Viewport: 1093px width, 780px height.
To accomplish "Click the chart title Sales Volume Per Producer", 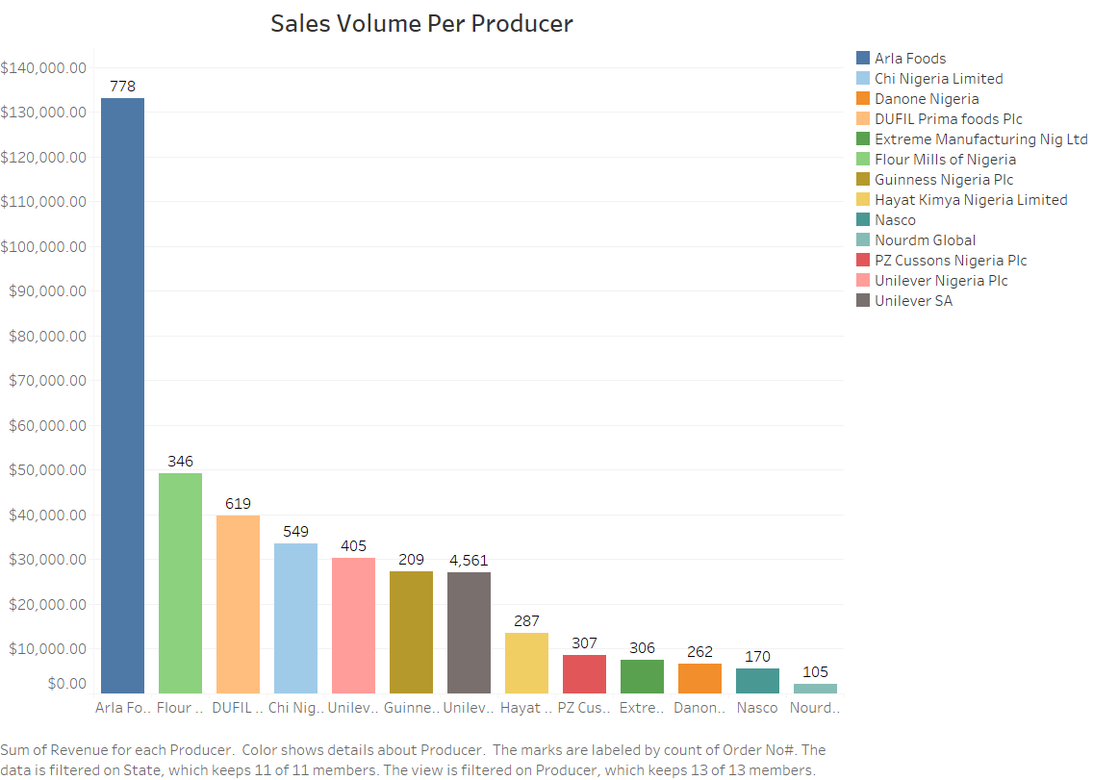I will pos(421,24).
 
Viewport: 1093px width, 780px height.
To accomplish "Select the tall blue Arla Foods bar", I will pos(122,394).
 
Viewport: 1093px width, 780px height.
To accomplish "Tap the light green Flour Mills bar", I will pos(180,582).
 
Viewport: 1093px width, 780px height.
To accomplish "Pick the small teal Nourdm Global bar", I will pos(815,688).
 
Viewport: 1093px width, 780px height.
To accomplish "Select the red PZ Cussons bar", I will pos(584,673).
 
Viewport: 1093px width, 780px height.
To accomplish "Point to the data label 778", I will pos(122,87).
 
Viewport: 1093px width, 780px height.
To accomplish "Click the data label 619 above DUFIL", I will pos(238,504).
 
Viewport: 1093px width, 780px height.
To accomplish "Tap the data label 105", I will pos(815,672).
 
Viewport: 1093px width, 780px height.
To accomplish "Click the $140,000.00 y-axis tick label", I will pos(44,68).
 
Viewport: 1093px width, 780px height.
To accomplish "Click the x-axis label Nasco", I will pos(757,708).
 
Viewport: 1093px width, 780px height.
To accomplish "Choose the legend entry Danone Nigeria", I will pos(927,99).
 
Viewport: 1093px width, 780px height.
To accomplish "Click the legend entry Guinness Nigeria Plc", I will pos(944,180).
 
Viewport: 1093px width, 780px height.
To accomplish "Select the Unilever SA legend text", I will pos(913,301).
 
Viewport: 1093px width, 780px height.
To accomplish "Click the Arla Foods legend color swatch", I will pos(863,59).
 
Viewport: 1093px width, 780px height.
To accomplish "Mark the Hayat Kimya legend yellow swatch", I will pos(863,200).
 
